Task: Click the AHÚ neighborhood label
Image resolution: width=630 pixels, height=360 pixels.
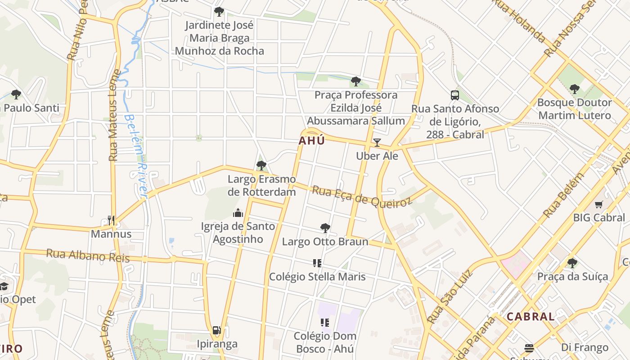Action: [311, 141]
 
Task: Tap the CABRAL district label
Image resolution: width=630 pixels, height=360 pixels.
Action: [531, 316]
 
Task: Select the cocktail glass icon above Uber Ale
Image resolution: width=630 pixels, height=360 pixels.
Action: [377, 143]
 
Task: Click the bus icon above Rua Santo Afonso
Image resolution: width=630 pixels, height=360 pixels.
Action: [455, 95]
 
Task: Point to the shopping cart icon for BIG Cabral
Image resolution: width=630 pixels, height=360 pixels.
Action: [598, 205]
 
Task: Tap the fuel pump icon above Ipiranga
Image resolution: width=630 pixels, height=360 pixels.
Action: [216, 331]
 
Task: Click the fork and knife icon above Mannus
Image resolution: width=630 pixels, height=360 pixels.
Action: [111, 220]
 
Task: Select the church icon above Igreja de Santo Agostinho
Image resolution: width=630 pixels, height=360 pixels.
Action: [238, 213]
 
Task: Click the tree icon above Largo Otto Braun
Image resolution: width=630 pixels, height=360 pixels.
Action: [325, 228]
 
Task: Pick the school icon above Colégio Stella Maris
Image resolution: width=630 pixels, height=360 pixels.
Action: [317, 263]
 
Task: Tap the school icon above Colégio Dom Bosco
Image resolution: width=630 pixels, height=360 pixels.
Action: [324, 322]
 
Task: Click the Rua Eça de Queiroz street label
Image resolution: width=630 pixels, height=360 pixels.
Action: [362, 197]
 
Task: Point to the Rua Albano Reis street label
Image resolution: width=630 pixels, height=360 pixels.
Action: [88, 256]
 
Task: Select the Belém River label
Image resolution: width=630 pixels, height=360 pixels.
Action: [136, 156]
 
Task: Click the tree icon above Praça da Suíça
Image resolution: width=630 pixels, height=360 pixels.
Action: [572, 263]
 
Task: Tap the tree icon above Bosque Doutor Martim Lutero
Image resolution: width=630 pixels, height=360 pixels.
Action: [574, 89]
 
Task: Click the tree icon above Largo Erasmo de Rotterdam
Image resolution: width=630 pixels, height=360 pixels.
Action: [261, 166]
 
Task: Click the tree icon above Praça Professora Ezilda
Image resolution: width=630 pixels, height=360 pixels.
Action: [355, 81]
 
